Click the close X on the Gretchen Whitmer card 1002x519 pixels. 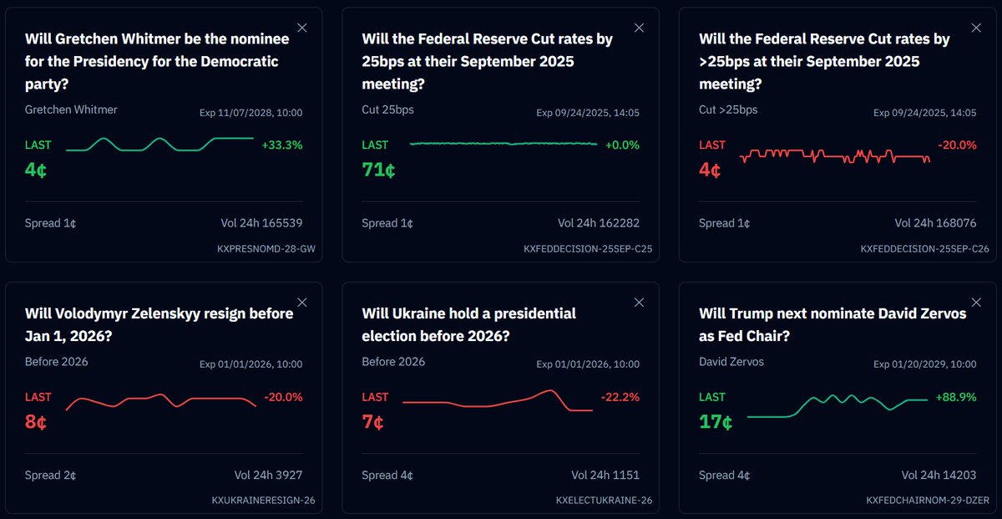(x=302, y=28)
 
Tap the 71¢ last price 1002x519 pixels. (x=378, y=170)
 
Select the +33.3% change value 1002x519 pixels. (x=282, y=145)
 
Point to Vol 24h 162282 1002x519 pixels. (x=598, y=223)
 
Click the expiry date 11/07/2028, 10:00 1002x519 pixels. (x=250, y=113)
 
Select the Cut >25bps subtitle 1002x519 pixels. (x=728, y=109)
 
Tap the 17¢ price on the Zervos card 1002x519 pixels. (x=716, y=422)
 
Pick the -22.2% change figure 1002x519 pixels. (x=620, y=397)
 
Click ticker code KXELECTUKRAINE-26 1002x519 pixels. (x=604, y=501)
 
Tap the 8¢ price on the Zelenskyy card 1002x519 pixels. (x=36, y=422)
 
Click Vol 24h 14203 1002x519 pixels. (x=939, y=475)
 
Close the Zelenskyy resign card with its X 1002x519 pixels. (x=302, y=302)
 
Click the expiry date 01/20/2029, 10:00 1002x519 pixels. (x=924, y=364)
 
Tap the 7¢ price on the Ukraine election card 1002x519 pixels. (x=372, y=422)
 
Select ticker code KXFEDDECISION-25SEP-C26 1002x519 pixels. (x=924, y=248)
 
